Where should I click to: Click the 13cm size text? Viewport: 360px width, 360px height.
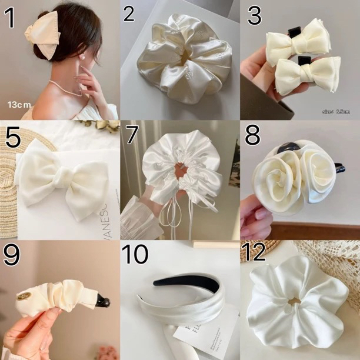pyautogui.click(x=19, y=104)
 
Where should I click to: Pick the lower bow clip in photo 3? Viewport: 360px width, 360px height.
pyautogui.click(x=305, y=75)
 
